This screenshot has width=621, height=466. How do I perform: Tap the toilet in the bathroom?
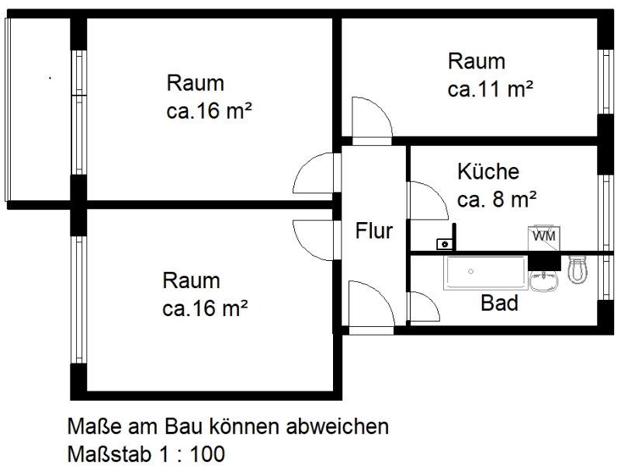point(578,270)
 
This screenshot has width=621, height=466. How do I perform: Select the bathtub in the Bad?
point(486,273)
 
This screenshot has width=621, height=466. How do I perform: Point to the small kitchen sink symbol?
point(445,244)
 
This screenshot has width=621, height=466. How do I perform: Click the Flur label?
point(374,231)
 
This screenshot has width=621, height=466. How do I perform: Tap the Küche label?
point(488,171)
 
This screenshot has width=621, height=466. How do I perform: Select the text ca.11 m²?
point(490,89)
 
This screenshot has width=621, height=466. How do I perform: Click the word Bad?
point(499,303)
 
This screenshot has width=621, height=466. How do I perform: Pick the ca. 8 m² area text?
point(497,199)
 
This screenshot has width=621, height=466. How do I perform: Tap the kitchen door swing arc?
point(428,200)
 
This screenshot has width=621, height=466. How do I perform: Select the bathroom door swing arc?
point(424,306)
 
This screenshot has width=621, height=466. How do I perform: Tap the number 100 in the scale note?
point(208,454)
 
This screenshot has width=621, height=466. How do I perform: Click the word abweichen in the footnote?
point(337,426)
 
